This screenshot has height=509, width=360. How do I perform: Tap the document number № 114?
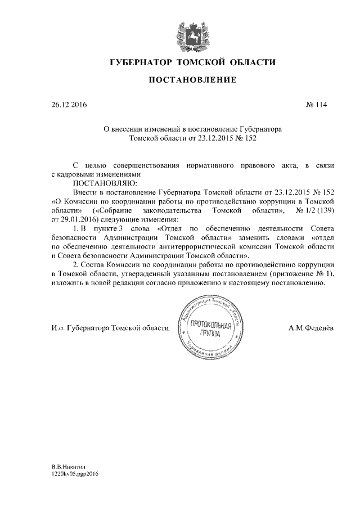(316, 105)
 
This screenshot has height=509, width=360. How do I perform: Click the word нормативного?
(205, 165)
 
